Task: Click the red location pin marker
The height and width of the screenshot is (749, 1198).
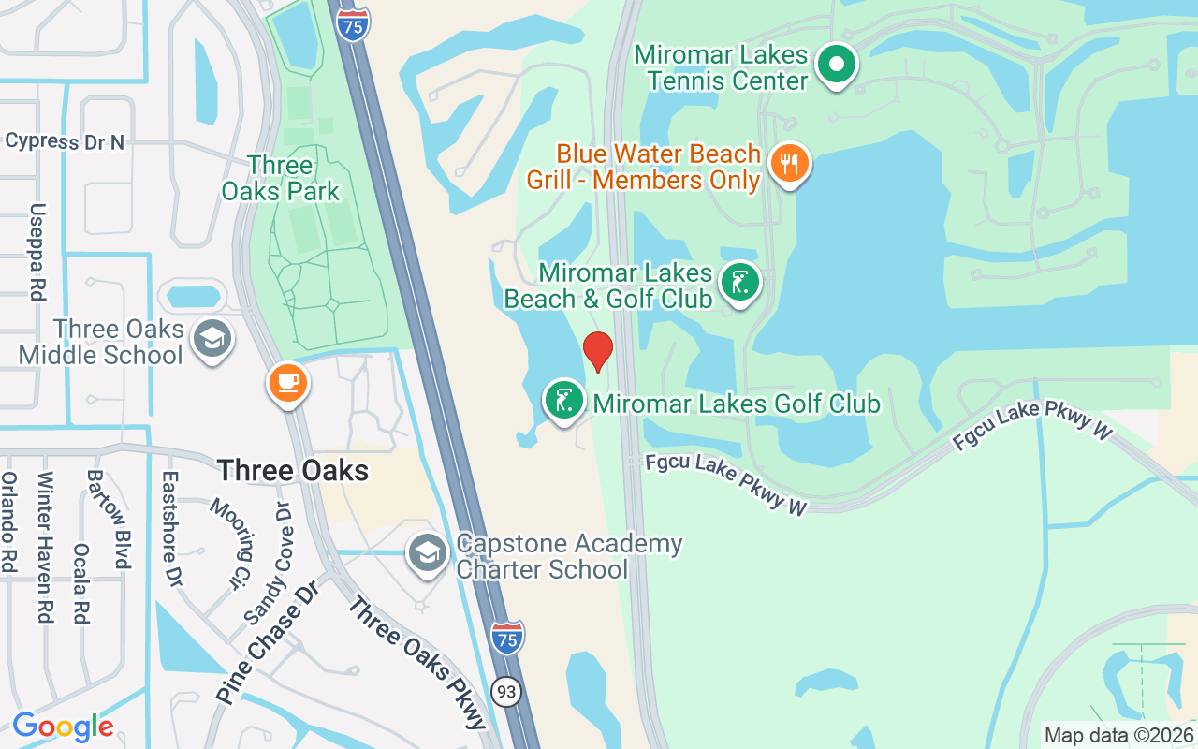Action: tap(598, 351)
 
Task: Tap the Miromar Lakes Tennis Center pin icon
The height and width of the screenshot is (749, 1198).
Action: tap(837, 66)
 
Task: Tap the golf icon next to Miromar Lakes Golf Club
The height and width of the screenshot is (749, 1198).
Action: tap(564, 401)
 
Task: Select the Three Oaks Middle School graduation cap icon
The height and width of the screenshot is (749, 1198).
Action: tap(212, 339)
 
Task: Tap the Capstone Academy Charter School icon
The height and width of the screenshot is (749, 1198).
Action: tap(428, 553)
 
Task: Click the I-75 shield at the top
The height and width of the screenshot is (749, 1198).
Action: tap(352, 21)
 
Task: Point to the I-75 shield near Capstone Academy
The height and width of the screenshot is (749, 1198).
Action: tap(506, 637)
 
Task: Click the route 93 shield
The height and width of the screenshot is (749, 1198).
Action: tap(506, 692)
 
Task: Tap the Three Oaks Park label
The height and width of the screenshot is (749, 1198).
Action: tap(280, 179)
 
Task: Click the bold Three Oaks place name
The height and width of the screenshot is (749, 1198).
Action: tap(293, 470)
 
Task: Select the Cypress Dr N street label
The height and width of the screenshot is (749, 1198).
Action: tap(65, 141)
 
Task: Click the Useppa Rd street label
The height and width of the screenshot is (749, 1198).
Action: tap(37, 252)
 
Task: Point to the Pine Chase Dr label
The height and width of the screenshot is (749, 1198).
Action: tap(267, 641)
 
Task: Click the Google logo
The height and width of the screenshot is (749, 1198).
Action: tap(63, 726)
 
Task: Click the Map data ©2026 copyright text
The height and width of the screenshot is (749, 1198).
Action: tap(1119, 736)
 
